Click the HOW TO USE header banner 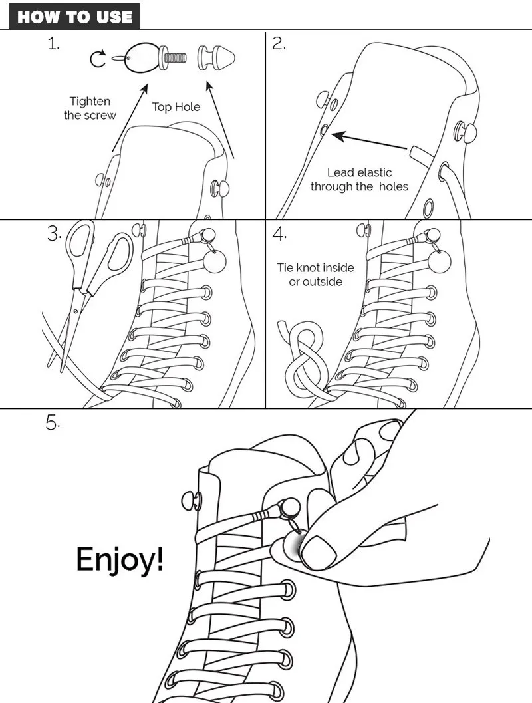pyautogui.click(x=74, y=17)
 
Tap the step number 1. pyautogui.click(x=53, y=45)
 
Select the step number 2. pyautogui.click(x=279, y=45)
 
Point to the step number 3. pyautogui.click(x=54, y=233)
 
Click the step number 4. pyautogui.click(x=279, y=233)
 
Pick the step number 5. pyautogui.click(x=53, y=423)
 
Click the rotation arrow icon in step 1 pyautogui.click(x=98, y=60)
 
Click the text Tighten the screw pyautogui.click(x=90, y=108)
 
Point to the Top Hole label pyautogui.click(x=176, y=106)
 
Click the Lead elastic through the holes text pyautogui.click(x=359, y=180)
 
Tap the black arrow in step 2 pyautogui.click(x=369, y=142)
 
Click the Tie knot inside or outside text pyautogui.click(x=316, y=275)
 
